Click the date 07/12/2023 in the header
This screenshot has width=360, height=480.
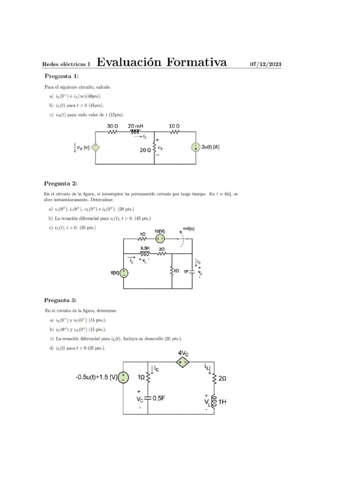pos(265,64)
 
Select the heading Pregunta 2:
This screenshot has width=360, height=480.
pos(60,183)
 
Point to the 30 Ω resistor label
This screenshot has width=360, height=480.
pos(112,126)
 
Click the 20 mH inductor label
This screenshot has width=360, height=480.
pos(136,126)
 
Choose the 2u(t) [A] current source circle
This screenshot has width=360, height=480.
pos(195,147)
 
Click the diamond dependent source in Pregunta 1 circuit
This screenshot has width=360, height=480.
pos(95,147)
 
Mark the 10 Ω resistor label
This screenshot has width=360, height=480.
pos(174,126)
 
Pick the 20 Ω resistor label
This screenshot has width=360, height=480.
pos(145,150)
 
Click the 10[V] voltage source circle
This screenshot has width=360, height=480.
pos(160,239)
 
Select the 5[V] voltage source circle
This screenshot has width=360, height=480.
pos(124,273)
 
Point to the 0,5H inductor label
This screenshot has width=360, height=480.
pos(145,248)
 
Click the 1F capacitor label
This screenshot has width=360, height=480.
pos(186,271)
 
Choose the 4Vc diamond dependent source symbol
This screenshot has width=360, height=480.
pos(183,361)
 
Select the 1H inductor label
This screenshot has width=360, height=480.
pos(222,401)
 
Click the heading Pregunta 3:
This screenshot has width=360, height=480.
pos(60,300)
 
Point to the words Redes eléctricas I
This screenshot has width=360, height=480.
pos(66,64)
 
